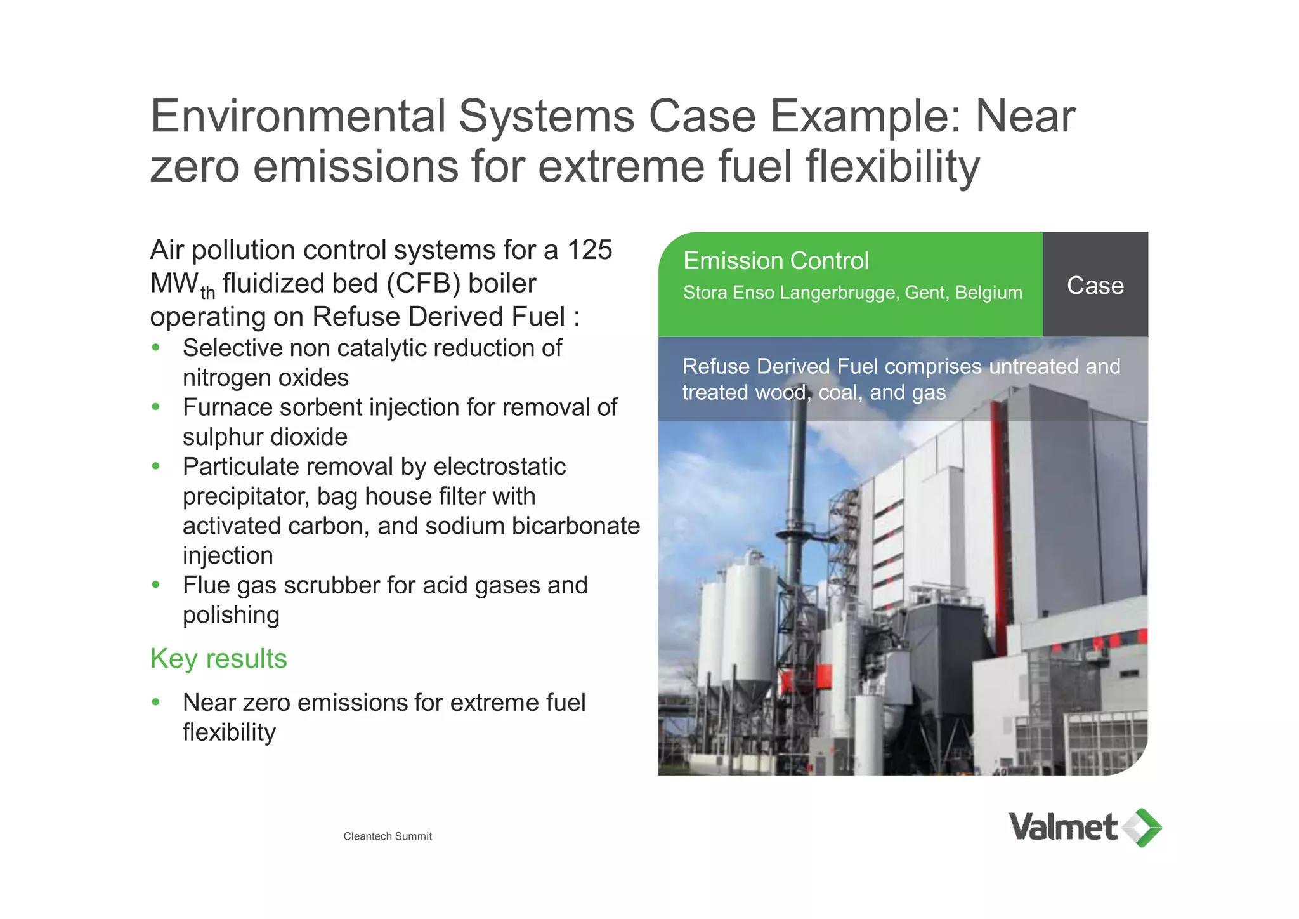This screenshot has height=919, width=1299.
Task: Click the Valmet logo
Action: point(1085,827)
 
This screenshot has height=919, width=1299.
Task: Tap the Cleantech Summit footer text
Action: point(388,836)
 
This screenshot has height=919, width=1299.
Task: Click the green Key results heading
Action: point(218,659)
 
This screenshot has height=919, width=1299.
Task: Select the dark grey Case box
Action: point(1095,284)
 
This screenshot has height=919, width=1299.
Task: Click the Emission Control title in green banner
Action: point(775,261)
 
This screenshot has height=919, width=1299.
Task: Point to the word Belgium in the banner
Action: point(988,293)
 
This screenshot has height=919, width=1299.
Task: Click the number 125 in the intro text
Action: point(589,250)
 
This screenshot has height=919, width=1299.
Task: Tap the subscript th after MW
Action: point(207,293)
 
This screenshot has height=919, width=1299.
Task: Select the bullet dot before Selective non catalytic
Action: point(156,348)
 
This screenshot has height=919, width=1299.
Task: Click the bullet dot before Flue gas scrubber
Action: point(156,585)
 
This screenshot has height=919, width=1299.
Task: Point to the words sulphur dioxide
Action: point(265,437)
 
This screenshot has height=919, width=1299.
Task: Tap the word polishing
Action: point(231,614)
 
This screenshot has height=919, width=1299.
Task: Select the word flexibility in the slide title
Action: point(892,166)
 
